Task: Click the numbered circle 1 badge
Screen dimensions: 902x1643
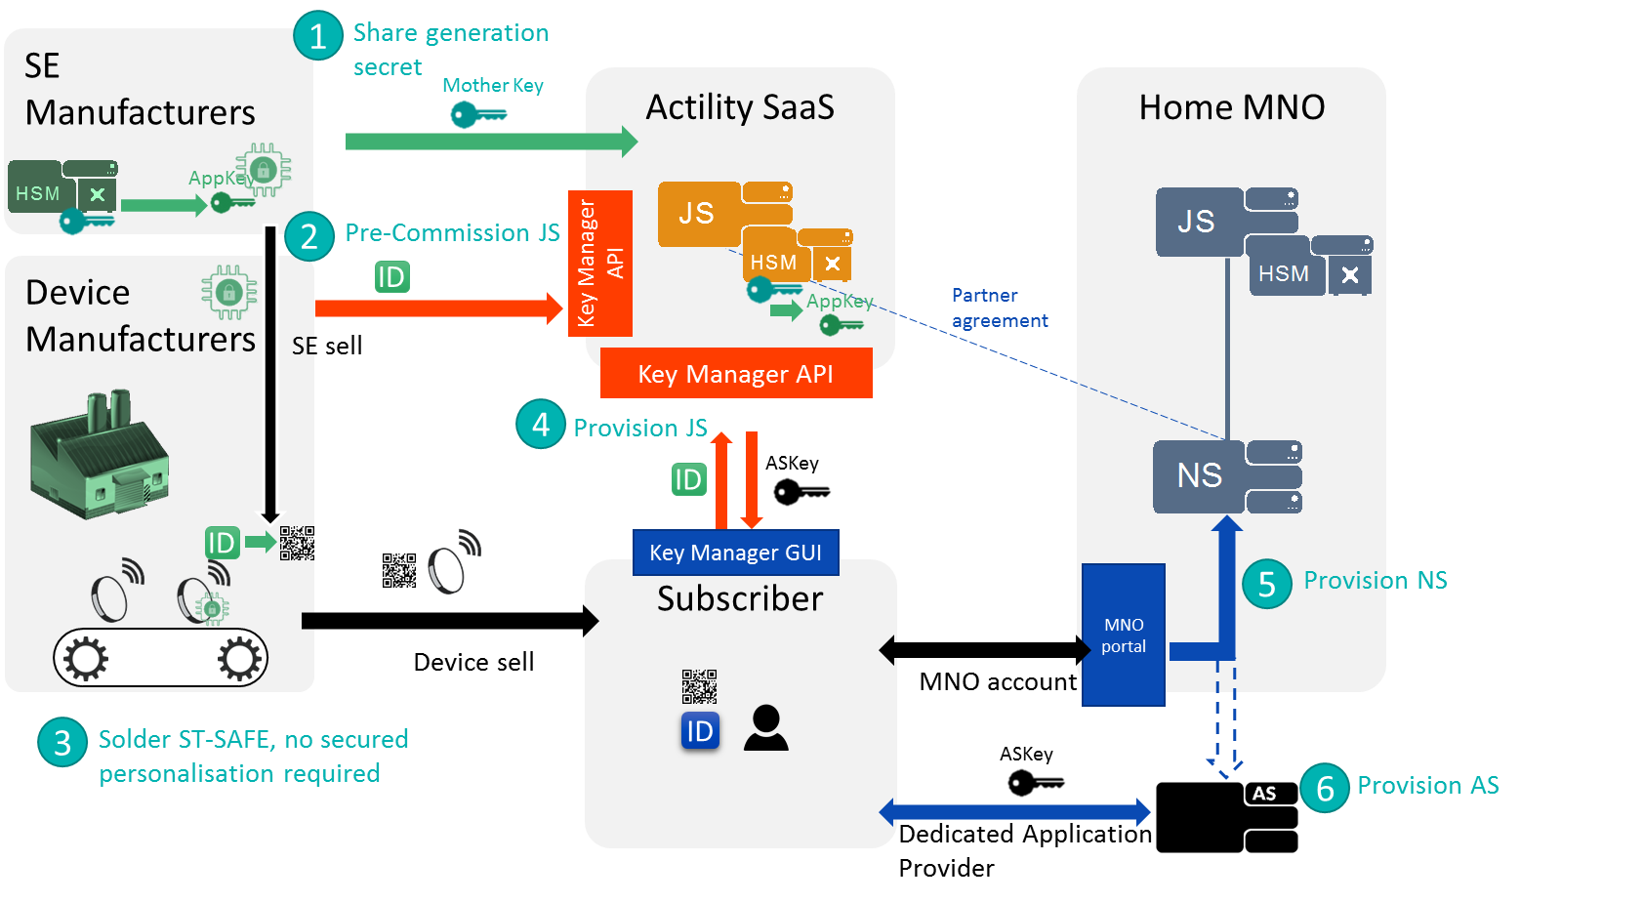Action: [x=318, y=36]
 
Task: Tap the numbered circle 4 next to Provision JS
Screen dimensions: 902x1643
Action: [x=541, y=424]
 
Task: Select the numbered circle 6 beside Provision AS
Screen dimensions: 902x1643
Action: [x=1325, y=788]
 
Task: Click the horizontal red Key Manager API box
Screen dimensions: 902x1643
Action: [x=736, y=374]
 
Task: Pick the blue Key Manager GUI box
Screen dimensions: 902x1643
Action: [x=736, y=553]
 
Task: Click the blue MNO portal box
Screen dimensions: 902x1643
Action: [x=1124, y=635]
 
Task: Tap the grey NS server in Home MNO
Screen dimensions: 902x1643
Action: [x=1200, y=476]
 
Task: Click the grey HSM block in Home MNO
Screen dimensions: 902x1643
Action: [x=1285, y=274]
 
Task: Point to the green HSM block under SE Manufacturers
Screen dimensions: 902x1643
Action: [x=38, y=193]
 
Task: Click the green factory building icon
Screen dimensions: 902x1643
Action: [x=98, y=454]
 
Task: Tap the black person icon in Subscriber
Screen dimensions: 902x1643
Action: [x=765, y=728]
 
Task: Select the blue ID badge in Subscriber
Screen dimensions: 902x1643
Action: [x=700, y=731]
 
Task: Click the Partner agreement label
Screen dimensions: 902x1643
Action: [x=999, y=307]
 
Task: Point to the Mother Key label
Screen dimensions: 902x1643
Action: [x=493, y=86]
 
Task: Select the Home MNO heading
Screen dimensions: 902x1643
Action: [x=1232, y=107]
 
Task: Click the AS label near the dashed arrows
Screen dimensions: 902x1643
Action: [x=1264, y=794]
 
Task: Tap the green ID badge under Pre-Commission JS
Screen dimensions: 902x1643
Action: [x=391, y=277]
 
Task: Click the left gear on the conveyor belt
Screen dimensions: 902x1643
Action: [x=86, y=659]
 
